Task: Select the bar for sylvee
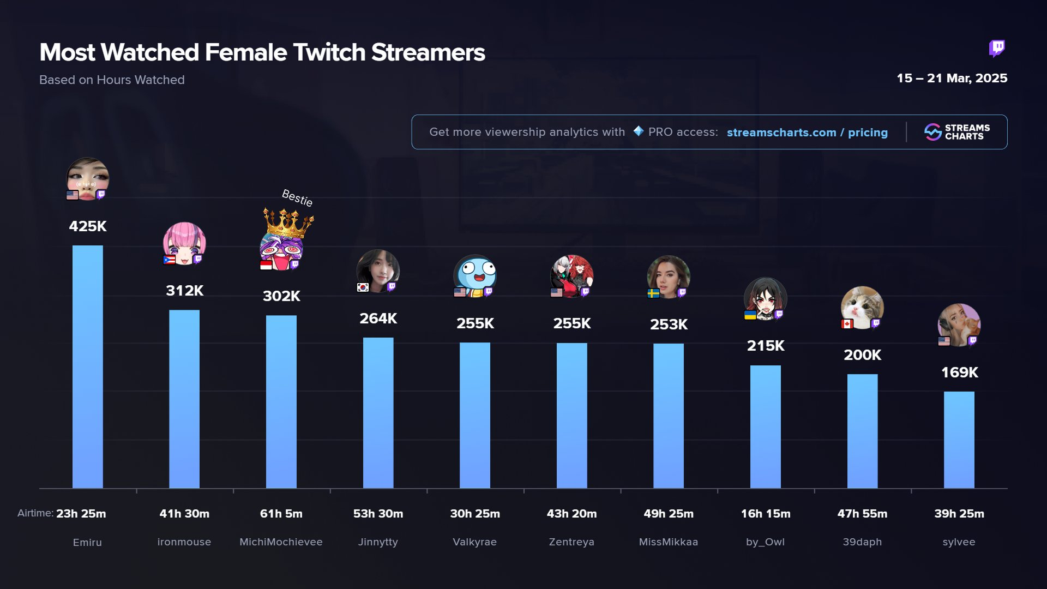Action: (959, 440)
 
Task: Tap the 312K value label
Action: (184, 291)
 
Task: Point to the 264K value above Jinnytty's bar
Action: (378, 318)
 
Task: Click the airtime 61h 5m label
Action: (281, 514)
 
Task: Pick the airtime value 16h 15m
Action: (765, 514)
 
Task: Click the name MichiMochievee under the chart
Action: (281, 542)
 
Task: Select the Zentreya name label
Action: (571, 542)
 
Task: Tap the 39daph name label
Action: (862, 542)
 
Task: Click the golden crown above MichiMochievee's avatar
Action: (288, 223)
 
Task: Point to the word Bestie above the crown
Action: (297, 197)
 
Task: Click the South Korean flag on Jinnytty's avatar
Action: (363, 287)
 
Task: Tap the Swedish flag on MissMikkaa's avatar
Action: (653, 293)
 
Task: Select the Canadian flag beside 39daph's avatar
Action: (847, 324)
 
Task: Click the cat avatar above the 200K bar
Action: (862, 307)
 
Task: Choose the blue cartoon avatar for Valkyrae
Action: (475, 275)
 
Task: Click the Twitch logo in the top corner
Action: (997, 49)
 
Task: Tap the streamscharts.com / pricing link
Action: (807, 133)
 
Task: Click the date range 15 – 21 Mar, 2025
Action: (952, 79)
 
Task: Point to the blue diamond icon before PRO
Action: (639, 131)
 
